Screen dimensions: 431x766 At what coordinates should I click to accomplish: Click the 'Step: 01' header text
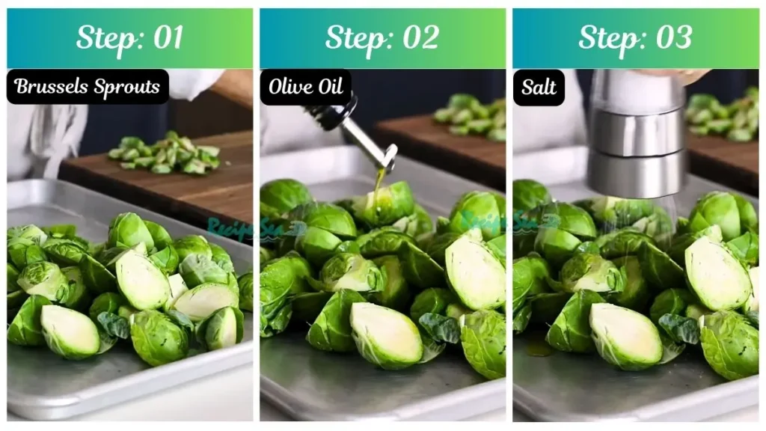coord(129,38)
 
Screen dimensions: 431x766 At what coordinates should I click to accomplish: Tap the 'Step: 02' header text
coord(382,38)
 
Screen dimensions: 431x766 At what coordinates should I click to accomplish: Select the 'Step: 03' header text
coord(635,38)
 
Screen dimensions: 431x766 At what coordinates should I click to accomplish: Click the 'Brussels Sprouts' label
coord(88,87)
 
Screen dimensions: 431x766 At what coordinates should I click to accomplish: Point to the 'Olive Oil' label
coord(306,87)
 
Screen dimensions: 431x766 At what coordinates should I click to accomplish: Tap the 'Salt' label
coord(539,88)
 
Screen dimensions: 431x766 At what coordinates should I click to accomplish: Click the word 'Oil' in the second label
coord(329,87)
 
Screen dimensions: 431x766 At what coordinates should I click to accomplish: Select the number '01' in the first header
coord(166,38)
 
